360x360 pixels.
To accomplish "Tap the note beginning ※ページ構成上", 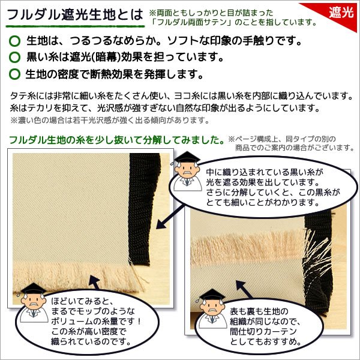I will [x=290, y=143].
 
